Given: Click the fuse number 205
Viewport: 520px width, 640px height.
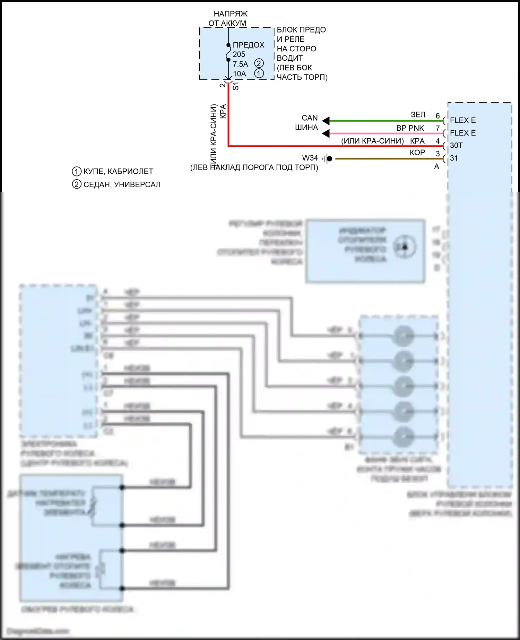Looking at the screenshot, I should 239,54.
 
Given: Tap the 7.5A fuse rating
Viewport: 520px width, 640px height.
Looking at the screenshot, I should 240,64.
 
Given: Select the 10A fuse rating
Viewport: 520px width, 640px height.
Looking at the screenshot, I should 240,74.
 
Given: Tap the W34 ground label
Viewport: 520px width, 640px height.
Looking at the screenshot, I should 310,158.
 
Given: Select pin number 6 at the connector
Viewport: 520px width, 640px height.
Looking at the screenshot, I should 438,116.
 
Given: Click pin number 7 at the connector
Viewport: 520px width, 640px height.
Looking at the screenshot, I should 438,128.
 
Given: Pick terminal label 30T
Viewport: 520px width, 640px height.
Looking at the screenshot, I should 456,146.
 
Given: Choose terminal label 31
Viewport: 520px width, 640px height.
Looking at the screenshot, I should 454,158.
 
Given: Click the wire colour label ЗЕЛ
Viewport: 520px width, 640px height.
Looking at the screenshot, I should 418,115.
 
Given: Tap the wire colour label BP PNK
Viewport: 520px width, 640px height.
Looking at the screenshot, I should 410,128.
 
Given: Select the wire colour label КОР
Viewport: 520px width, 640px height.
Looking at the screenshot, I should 417,153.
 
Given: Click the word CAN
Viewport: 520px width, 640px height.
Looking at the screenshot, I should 310,118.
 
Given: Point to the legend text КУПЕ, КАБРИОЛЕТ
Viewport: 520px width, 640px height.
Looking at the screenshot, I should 118,171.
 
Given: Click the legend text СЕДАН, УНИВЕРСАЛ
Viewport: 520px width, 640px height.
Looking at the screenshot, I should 122,184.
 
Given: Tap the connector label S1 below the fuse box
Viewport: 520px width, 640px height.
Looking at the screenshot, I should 235,86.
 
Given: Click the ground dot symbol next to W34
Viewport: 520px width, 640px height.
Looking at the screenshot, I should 330,159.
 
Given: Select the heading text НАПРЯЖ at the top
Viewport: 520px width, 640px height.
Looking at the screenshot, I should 231,14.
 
